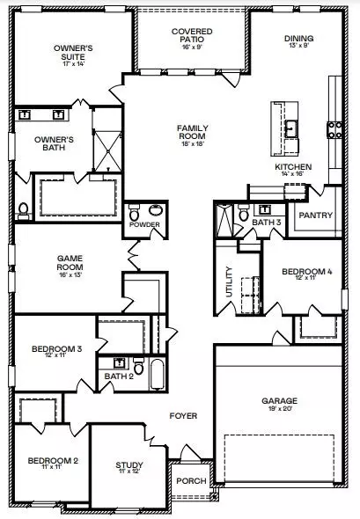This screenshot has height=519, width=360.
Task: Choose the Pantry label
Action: (x=314, y=214)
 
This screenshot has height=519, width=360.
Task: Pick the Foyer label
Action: (x=183, y=415)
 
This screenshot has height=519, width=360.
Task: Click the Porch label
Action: (x=190, y=481)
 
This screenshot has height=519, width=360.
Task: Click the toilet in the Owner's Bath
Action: (x=23, y=209)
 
